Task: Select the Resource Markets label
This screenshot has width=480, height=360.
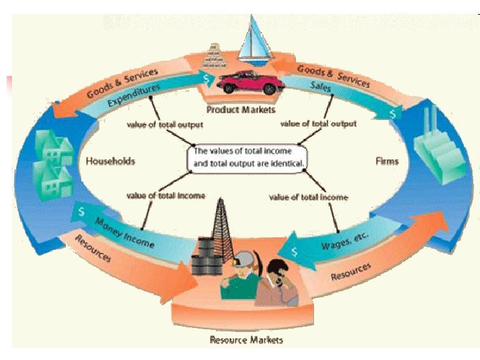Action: (246, 340)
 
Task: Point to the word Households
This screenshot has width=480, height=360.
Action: (110, 161)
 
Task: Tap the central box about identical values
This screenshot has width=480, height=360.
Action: (250, 157)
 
